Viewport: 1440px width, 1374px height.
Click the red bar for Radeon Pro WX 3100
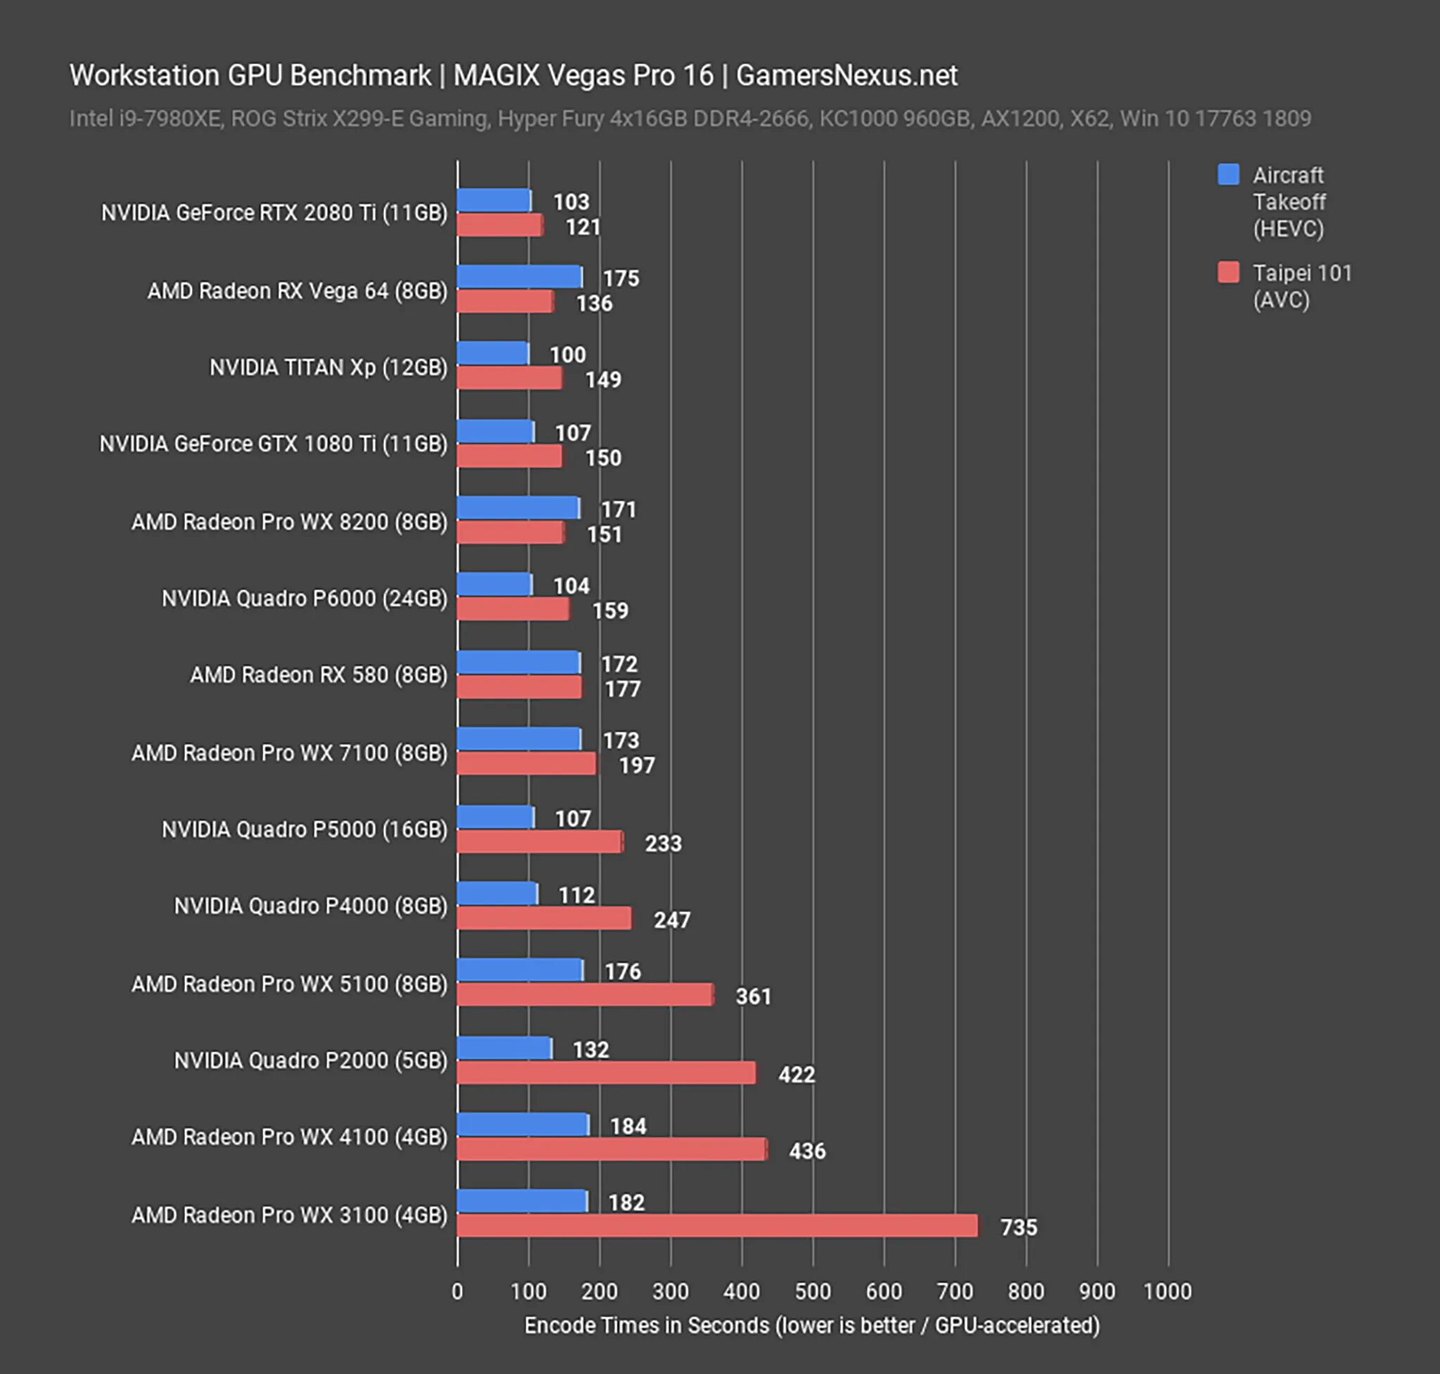(717, 1226)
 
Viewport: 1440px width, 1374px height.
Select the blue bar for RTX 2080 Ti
(494, 200)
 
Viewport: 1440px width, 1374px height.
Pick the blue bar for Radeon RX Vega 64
(520, 277)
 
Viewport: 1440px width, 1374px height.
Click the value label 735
(1019, 1227)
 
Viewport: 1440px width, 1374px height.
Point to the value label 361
(753, 996)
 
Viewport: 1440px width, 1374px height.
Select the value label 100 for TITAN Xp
(567, 354)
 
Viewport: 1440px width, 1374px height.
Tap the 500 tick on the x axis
(812, 1291)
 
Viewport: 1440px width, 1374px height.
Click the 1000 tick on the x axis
(1167, 1291)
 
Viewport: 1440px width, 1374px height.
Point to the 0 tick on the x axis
(457, 1291)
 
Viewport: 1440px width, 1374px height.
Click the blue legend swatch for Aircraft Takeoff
(1228, 174)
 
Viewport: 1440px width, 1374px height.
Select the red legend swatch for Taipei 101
(1228, 272)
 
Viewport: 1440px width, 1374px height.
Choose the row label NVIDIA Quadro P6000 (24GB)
(304, 598)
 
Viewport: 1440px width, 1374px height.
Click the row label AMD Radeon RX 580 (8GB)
(319, 674)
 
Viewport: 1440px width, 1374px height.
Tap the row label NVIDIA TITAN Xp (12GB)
(328, 367)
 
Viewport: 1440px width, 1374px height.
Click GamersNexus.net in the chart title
(846, 75)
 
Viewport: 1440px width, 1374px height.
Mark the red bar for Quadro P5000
(540, 842)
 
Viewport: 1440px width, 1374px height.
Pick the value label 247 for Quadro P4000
(671, 920)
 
